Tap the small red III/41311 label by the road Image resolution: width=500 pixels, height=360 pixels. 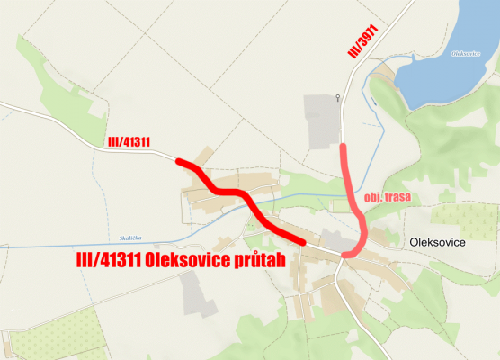(x=128, y=142)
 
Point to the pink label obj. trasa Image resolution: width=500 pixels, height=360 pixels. (x=388, y=197)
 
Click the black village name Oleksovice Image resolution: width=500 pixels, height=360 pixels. (x=441, y=242)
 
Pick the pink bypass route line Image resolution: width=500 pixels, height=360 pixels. (x=353, y=198)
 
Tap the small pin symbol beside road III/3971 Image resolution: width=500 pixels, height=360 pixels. (x=337, y=97)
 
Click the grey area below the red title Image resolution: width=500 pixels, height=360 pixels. (x=197, y=293)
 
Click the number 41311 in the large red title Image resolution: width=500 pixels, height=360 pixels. (x=114, y=261)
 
